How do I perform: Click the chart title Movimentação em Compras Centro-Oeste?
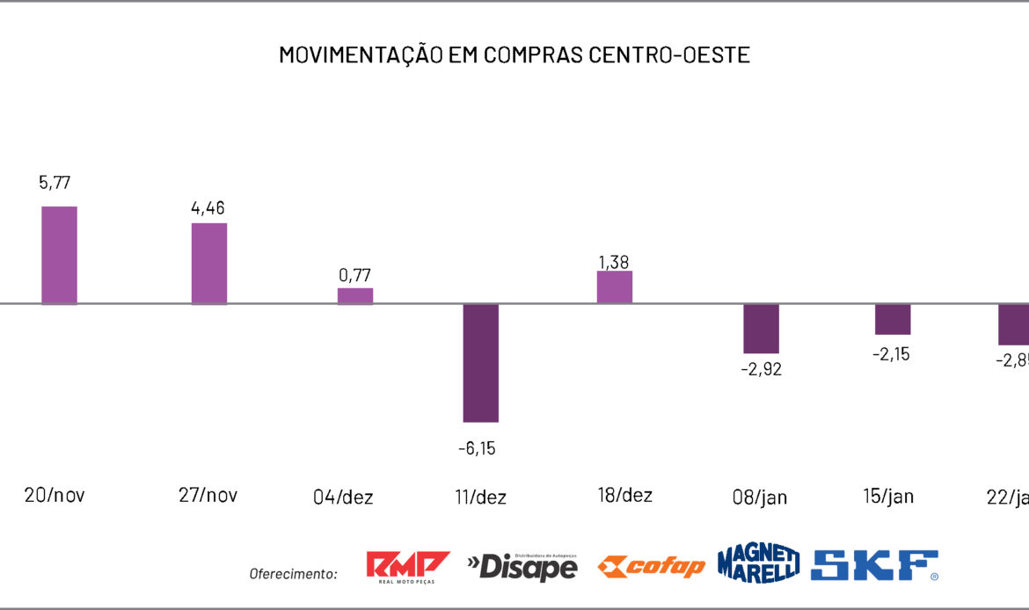(x=514, y=54)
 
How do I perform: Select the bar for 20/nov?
(x=60, y=255)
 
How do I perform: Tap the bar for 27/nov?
(x=209, y=263)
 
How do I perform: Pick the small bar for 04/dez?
(x=355, y=295)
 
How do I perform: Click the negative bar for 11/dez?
(x=481, y=362)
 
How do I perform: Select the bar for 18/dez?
(x=615, y=287)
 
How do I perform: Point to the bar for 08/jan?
(x=762, y=329)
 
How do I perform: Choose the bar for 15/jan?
(x=893, y=319)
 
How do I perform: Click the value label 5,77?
(x=55, y=183)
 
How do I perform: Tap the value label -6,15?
(x=477, y=448)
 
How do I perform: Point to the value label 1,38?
(x=614, y=262)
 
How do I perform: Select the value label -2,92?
(x=761, y=369)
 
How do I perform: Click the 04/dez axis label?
(x=343, y=497)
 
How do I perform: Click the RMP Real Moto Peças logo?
(x=407, y=567)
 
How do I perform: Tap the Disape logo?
(x=522, y=567)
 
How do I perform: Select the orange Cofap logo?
(x=651, y=567)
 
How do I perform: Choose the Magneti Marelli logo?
(x=758, y=563)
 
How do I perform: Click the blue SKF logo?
(x=875, y=565)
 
